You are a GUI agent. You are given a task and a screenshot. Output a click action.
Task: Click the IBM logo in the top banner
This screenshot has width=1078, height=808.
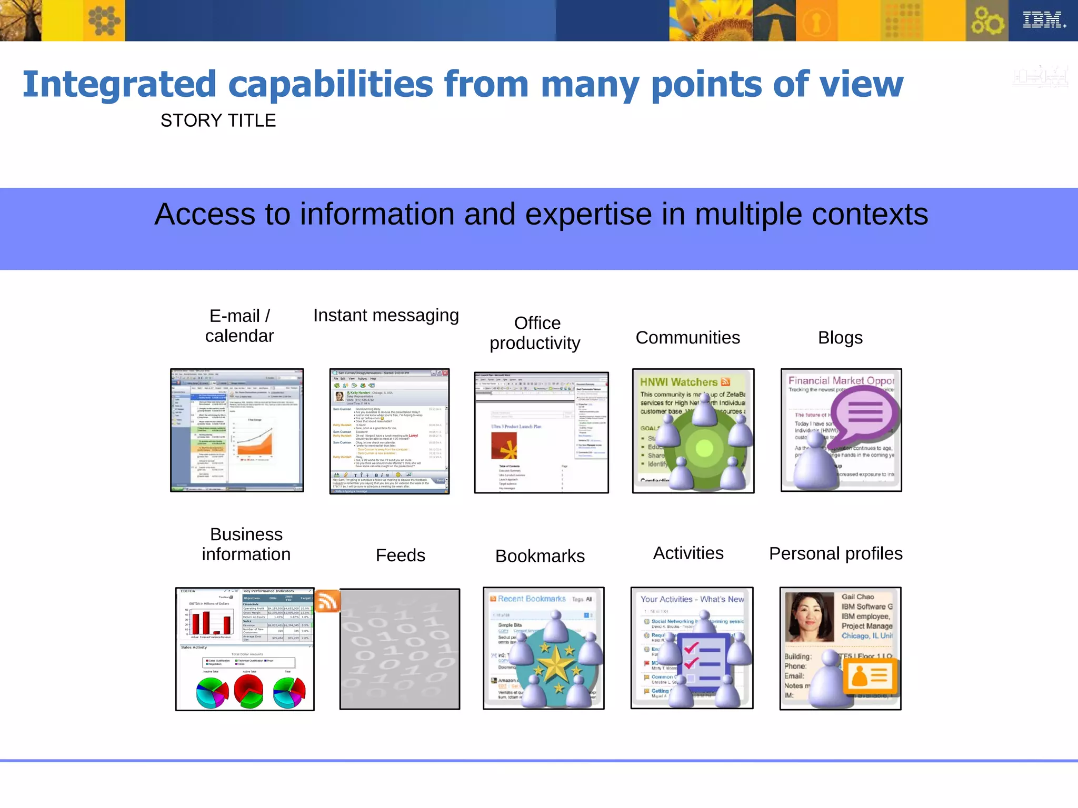click(1043, 20)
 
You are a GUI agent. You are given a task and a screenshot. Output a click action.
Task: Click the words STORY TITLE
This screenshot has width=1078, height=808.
click(218, 120)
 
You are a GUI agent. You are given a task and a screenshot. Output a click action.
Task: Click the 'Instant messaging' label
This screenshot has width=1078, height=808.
click(386, 315)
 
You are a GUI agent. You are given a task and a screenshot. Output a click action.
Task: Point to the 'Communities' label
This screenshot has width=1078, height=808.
click(687, 338)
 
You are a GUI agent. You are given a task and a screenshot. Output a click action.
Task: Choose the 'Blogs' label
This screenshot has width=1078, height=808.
click(840, 338)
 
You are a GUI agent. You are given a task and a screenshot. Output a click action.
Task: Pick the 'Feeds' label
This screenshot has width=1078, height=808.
click(400, 555)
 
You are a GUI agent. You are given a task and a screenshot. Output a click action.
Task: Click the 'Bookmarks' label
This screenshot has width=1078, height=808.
click(540, 556)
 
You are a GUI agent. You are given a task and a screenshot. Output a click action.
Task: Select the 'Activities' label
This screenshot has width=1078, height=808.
click(688, 553)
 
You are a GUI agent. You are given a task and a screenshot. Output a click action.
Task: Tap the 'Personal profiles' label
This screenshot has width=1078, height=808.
click(835, 554)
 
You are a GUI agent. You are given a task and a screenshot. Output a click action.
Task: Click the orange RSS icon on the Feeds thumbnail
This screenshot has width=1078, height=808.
click(327, 601)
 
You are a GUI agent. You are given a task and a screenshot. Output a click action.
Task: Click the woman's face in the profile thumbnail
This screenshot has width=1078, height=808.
click(809, 615)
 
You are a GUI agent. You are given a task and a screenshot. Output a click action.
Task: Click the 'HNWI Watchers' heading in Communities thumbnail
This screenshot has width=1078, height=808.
click(679, 382)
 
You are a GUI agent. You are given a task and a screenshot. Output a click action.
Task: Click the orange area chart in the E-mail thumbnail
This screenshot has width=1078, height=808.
click(255, 442)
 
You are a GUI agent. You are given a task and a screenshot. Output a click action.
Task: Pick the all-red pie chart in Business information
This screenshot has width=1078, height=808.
click(248, 690)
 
